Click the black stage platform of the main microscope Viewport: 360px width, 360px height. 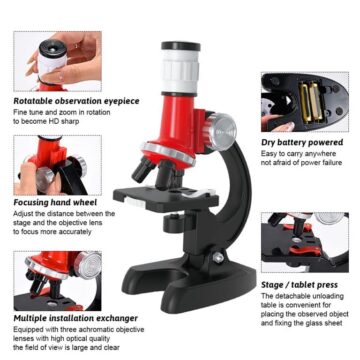160,196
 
